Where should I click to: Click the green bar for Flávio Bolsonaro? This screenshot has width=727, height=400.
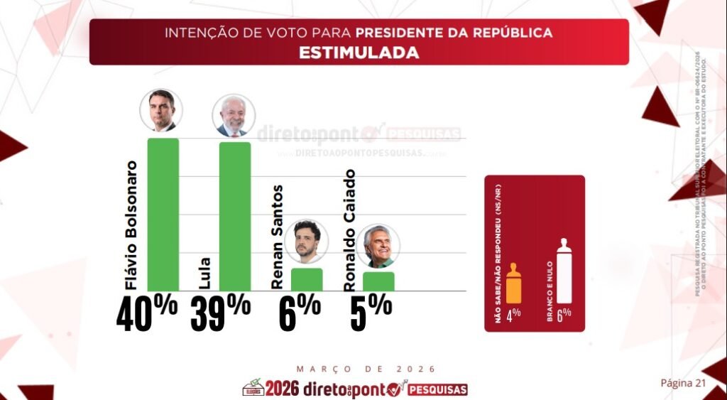tap(163, 214)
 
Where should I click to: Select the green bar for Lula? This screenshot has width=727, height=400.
tap(235, 216)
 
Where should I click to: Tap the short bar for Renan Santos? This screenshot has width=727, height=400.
tap(307, 279)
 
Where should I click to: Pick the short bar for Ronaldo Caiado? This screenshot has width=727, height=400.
tap(378, 281)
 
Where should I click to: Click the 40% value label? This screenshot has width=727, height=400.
tap(146, 312)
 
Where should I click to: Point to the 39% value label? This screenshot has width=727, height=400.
tap(220, 312)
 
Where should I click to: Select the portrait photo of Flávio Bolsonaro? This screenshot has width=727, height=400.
tap(161, 110)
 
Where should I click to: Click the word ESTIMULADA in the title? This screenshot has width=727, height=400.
tap(359, 53)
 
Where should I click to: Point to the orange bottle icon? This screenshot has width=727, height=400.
tap(514, 284)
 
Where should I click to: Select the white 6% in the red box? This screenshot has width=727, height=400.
tap(564, 315)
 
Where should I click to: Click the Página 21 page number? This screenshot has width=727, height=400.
tap(683, 383)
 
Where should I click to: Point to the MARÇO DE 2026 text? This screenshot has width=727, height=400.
tap(366, 369)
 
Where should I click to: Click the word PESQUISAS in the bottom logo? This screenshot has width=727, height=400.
tap(438, 390)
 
